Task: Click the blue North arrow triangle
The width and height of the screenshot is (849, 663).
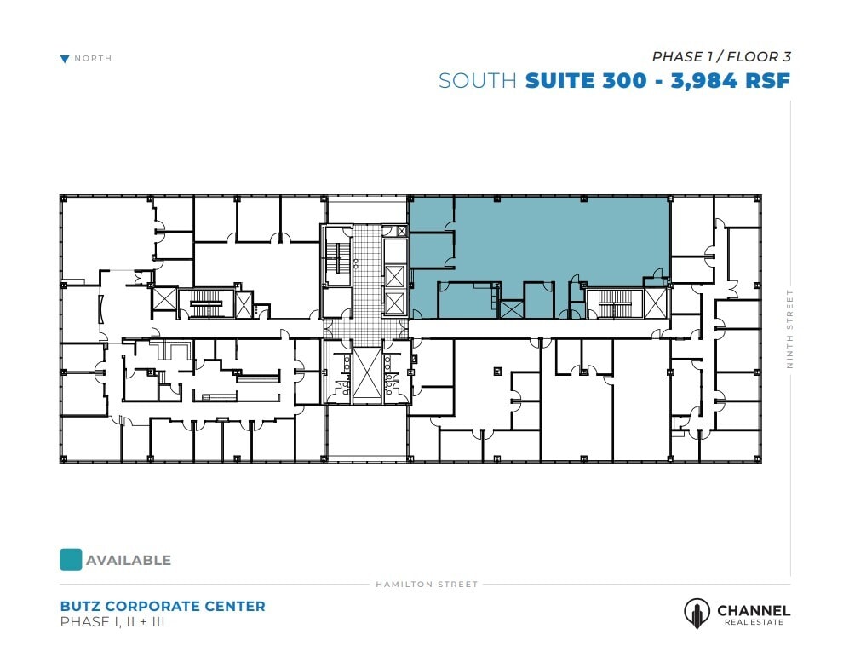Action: [65, 59]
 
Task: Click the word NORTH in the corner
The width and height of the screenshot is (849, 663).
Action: [93, 59]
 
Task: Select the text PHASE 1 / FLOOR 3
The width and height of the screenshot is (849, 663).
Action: [721, 57]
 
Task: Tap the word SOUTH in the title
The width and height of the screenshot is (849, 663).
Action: [478, 81]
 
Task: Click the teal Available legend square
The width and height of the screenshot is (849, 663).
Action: [71, 559]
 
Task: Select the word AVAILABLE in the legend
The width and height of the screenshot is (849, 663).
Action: [129, 561]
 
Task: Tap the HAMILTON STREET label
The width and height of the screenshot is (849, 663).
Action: [427, 585]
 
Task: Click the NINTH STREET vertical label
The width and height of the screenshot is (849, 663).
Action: [789, 329]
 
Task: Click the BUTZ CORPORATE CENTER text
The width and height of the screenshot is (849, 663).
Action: [163, 607]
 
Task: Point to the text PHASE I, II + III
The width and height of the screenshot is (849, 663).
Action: [112, 622]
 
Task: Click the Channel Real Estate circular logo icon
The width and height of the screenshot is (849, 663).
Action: [697, 613]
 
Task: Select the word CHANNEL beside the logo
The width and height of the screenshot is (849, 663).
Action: [754, 610]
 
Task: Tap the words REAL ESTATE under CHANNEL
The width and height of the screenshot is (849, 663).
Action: [754, 622]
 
